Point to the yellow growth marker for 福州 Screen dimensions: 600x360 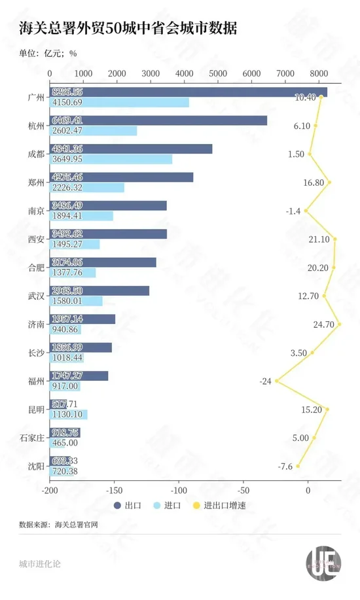pos(277,381)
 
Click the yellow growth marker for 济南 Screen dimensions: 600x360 pos(339,324)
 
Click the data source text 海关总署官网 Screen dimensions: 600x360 pos(77,524)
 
